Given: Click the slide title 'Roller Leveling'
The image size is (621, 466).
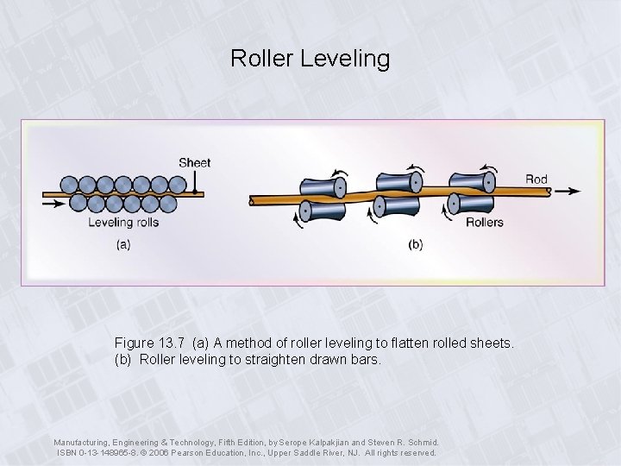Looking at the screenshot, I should pos(310,59).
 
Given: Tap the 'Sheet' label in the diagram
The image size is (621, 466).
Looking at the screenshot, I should pos(194,162).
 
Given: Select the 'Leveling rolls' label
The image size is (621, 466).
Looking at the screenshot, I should pos(123,223).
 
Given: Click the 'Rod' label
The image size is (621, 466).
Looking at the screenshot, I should pos(536,179).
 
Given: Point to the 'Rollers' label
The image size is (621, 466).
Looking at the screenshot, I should pos(484,223).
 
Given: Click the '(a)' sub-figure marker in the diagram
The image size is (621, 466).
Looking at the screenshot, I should pos(123,244).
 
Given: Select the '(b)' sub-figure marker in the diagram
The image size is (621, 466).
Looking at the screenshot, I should pos(416,244).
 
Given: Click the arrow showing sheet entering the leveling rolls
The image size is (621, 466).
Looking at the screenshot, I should pos(53,203).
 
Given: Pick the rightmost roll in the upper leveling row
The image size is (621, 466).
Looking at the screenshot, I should pos(177,184).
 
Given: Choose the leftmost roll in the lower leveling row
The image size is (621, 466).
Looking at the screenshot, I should pos(78,204).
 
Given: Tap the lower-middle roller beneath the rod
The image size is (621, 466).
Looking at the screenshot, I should pos(398,206).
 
